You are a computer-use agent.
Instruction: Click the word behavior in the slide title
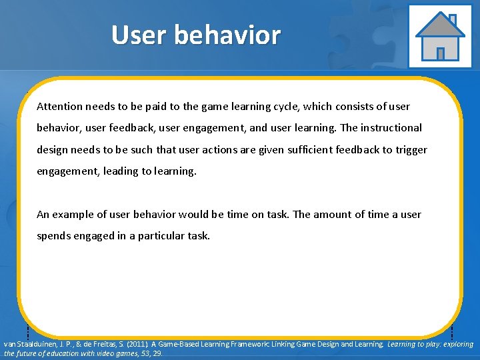pos(229,35)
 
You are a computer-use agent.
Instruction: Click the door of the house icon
pos(440,53)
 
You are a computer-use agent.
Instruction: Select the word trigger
pos(411,150)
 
